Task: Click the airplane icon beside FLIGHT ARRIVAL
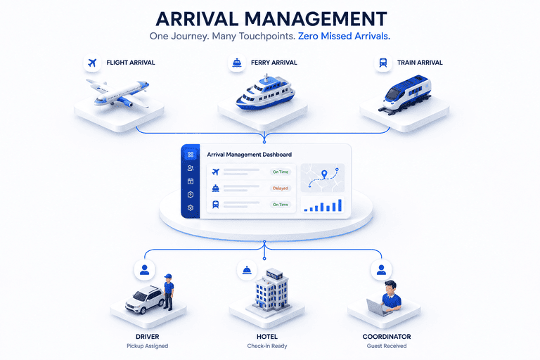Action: point(92,63)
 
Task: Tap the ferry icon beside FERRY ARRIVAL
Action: point(237,63)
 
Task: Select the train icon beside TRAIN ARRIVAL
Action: point(383,63)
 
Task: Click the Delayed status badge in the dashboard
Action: point(281,188)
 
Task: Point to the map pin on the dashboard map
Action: point(324,174)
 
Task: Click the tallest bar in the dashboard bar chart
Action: point(340,205)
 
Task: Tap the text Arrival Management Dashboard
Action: point(250,155)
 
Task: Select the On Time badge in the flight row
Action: point(281,172)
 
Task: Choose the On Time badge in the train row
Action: point(281,205)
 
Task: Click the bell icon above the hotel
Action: point(247,270)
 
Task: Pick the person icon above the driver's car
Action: point(145,270)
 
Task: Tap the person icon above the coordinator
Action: point(381,270)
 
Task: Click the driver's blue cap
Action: point(168,276)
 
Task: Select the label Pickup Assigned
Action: point(148,346)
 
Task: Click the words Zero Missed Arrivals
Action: point(344,36)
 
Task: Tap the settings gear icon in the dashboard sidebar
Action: point(191,207)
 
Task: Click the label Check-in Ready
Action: point(267,346)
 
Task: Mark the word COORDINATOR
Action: point(387,337)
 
